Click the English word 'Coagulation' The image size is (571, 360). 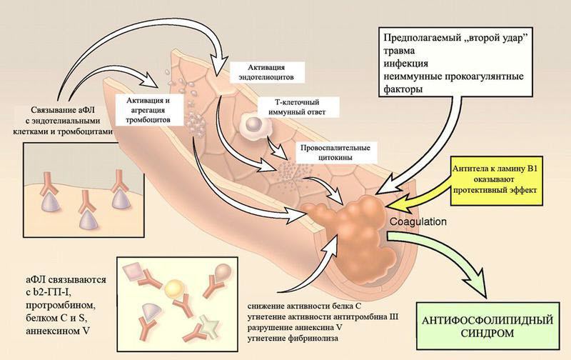(x=418, y=221)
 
